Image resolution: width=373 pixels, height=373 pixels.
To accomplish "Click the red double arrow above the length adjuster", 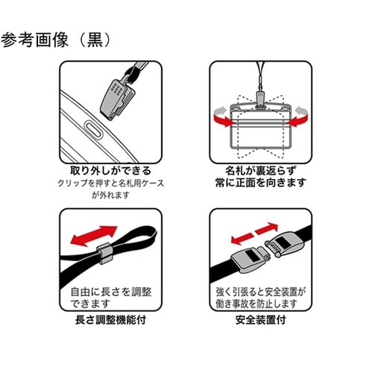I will coord(93,236).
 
